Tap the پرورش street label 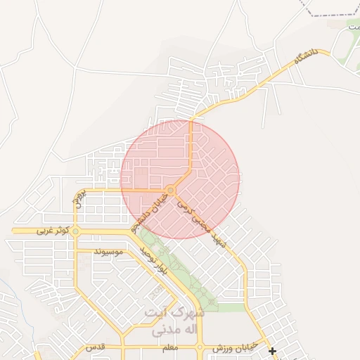[x=79, y=198]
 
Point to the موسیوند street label [x=108, y=251]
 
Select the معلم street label [x=169, y=348]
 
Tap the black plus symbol [x=272, y=350]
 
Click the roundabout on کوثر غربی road [x=76, y=231]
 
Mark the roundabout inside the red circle [x=171, y=191]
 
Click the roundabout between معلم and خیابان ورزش [x=200, y=347]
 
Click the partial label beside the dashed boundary [x=354, y=25]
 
